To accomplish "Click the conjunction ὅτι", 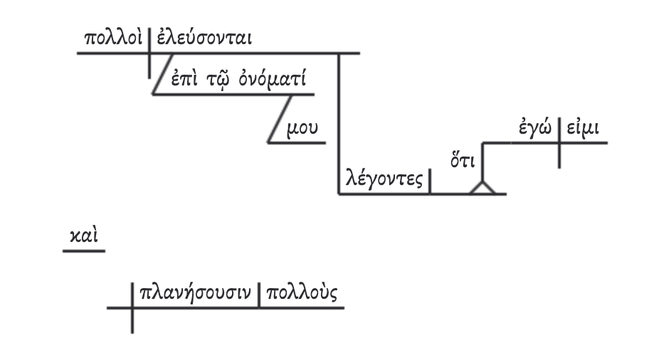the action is point(463,157).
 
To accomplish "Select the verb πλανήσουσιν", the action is point(196,292).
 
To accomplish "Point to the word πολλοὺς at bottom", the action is point(302,292).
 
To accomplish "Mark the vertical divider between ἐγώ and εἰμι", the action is point(559,142).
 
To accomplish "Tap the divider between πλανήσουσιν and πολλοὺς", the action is point(259,295).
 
